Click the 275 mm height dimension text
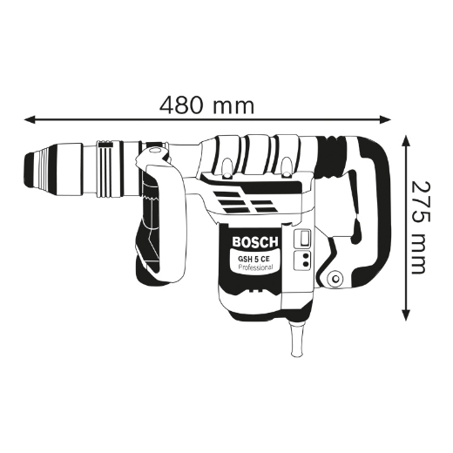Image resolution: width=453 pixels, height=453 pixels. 424,226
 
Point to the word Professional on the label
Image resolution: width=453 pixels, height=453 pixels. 255,267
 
